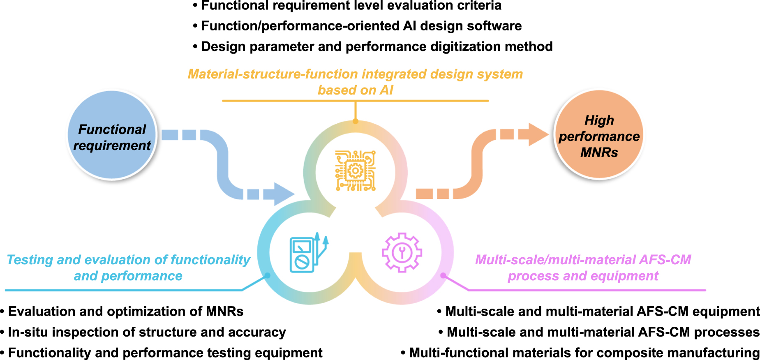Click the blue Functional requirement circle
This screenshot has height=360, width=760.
pyautogui.click(x=112, y=135)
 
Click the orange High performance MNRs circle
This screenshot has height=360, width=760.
pyautogui.click(x=599, y=135)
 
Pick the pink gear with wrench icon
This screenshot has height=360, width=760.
pyautogui.click(x=402, y=252)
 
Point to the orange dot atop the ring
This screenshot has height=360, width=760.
pyautogui.click(x=356, y=121)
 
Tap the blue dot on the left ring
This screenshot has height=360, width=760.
pyautogui.click(x=267, y=275)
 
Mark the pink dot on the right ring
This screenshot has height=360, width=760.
pyautogui.click(x=443, y=275)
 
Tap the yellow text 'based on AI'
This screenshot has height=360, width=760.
pyautogui.click(x=356, y=90)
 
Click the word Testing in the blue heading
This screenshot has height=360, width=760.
pyautogui.click(x=30, y=260)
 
